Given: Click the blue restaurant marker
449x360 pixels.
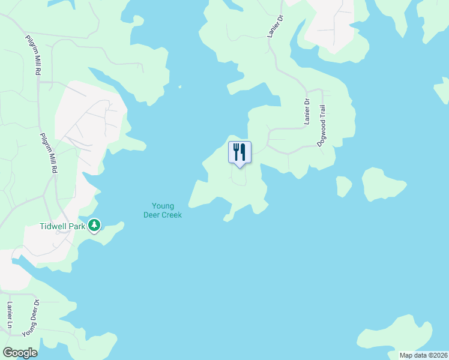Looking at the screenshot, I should click(x=240, y=152).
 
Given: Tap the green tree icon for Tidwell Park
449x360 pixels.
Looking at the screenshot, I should click(x=94, y=225).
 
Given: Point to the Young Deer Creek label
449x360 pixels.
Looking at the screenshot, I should click(x=162, y=211).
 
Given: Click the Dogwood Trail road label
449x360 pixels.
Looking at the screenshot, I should click(x=322, y=126).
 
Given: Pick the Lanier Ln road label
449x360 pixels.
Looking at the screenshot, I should click(x=10, y=314).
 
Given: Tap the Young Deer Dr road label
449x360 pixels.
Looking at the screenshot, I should click(x=31, y=317).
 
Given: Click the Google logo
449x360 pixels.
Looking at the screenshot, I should click(x=20, y=353).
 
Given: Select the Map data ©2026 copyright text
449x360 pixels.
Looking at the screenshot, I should click(x=423, y=355).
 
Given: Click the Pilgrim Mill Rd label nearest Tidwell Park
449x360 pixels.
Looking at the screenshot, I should click(x=49, y=154).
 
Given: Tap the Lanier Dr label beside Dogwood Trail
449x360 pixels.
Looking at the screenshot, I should click(x=306, y=112).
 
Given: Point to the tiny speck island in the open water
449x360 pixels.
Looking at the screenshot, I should click(x=179, y=87).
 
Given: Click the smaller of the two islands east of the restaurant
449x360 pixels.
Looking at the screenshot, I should click(x=343, y=185).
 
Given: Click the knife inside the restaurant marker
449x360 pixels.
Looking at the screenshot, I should click(x=243, y=151).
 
